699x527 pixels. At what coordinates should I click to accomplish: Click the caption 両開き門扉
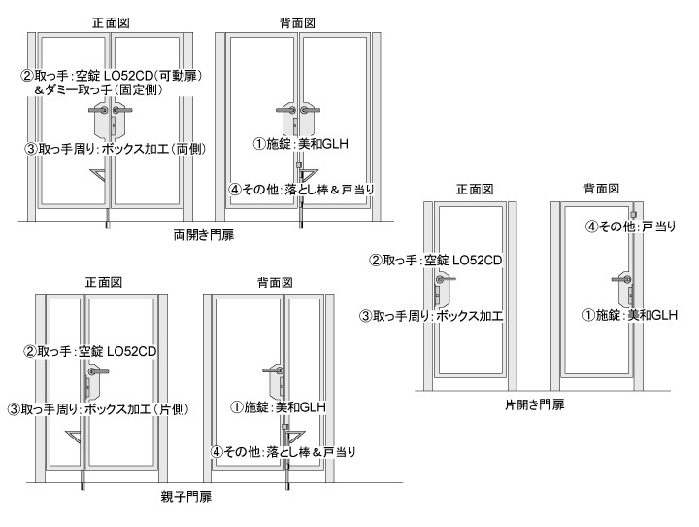pyautogui.click(x=203, y=235)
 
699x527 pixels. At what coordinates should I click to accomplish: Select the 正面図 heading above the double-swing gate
pyautogui.click(x=113, y=20)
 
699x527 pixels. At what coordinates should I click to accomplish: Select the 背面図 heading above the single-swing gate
pyautogui.click(x=602, y=188)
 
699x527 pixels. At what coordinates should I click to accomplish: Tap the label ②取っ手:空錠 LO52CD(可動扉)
pyautogui.click(x=111, y=76)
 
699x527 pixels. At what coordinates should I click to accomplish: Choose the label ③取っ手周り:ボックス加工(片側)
pyautogui.click(x=97, y=409)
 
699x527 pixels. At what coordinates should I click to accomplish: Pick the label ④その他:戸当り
pyautogui.click(x=631, y=227)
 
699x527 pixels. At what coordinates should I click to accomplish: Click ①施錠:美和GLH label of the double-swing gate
pyautogui.click(x=301, y=144)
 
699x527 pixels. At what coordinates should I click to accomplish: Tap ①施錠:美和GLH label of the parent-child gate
pyautogui.click(x=278, y=406)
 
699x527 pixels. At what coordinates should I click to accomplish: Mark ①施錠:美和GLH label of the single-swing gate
pyautogui.click(x=628, y=315)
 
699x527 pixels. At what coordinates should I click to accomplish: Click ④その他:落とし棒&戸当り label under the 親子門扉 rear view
pyautogui.click(x=285, y=451)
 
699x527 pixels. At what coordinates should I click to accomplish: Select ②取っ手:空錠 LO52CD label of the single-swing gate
pyautogui.click(x=434, y=261)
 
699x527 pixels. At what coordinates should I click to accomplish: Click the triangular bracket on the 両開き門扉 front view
pyautogui.click(x=101, y=176)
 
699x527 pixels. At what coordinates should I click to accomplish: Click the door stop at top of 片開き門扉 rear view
pyautogui.click(x=632, y=214)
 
